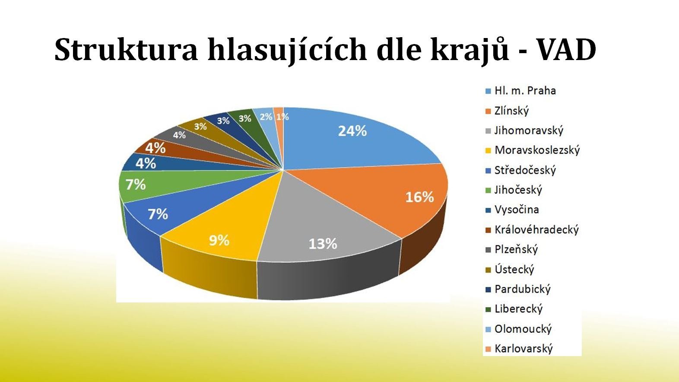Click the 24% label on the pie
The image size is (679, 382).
pos(352,131)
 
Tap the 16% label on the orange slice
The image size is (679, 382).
pos(419,197)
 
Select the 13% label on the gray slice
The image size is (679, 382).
pos(323,244)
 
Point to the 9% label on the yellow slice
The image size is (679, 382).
pos(219,241)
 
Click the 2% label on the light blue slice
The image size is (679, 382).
pos(266,117)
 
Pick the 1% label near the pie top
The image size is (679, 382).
pos(282,117)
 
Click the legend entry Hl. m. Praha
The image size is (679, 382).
pos(525,91)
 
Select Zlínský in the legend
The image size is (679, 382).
pos(511,111)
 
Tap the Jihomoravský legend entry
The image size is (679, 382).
pos(529,131)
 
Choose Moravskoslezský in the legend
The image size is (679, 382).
pos(537,150)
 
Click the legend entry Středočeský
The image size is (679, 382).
pos(525,170)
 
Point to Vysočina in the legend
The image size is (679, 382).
pos(517,210)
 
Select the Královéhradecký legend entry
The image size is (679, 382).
pos(536,229)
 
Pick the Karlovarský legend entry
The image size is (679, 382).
pos(524,349)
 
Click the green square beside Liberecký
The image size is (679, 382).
pos(488,309)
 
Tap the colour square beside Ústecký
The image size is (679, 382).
pos(488,270)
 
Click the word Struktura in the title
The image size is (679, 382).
pos(127,49)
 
